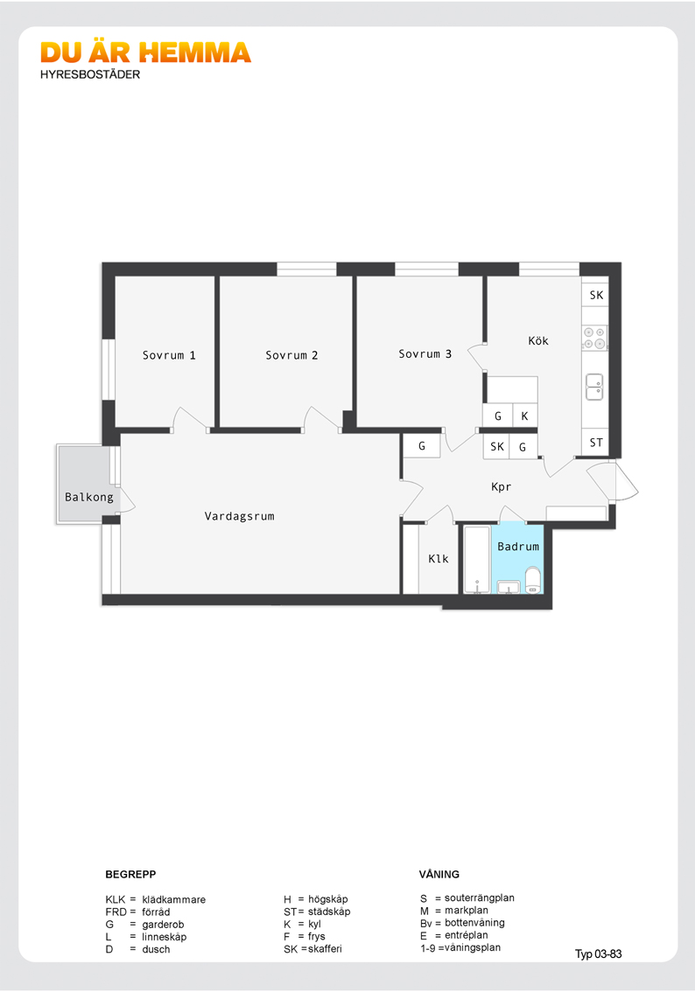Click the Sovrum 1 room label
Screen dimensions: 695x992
pos(169,355)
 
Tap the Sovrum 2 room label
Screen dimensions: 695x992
pos(291,355)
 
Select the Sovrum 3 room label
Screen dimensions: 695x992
pos(425,354)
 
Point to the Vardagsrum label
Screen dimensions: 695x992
pos(239,516)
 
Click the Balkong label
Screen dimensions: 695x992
pos(89,497)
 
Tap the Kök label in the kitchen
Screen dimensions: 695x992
pos(538,340)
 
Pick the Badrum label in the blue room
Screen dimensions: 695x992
pos(518,547)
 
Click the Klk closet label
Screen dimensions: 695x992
pos(438,559)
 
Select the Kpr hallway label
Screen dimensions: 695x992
pos(501,486)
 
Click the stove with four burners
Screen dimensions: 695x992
pos(594,338)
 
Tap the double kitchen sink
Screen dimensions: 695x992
pos(594,387)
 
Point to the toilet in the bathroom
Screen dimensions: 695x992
pos(533,580)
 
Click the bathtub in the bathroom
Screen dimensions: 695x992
pos(477,559)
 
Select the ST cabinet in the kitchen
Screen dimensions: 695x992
pos(595,443)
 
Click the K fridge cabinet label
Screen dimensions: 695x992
pos(524,416)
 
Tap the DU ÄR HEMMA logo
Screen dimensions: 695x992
pos(145,52)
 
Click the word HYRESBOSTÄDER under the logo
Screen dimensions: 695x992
pos(90,74)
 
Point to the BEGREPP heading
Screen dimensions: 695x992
pos(130,874)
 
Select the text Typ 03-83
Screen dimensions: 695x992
pos(598,954)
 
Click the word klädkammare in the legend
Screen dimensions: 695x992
pos(173,899)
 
